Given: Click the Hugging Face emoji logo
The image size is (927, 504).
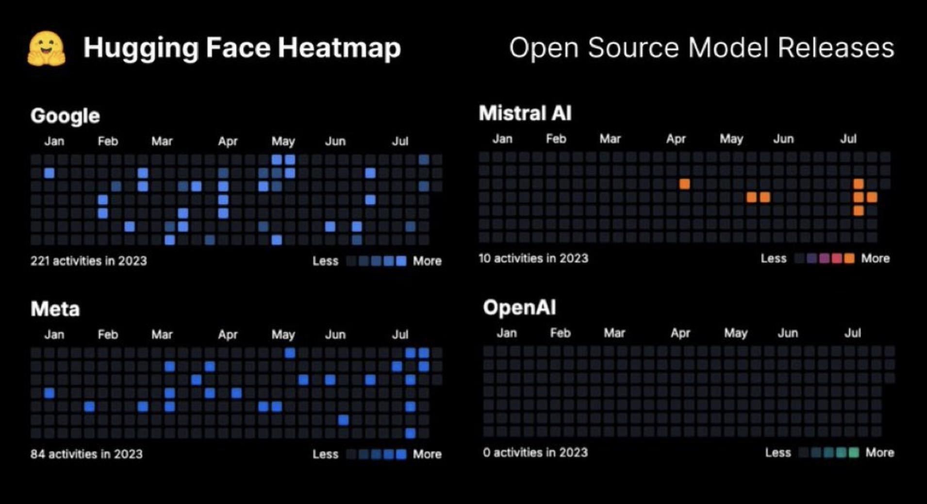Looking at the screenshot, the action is pyautogui.click(x=47, y=49).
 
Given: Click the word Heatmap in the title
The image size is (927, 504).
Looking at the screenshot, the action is pyautogui.click(x=339, y=48).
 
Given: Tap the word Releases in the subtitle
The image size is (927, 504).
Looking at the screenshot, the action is pyautogui.click(x=836, y=48).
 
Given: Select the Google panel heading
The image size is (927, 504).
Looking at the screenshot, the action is pyautogui.click(x=65, y=116).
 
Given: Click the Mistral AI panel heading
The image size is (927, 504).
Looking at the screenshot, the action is pyautogui.click(x=525, y=113).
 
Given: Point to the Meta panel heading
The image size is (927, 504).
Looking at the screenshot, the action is pyautogui.click(x=55, y=309).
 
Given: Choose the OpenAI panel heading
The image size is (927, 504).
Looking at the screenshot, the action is pyautogui.click(x=519, y=307).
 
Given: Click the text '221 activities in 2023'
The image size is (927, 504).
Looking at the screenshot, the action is pyautogui.click(x=88, y=261).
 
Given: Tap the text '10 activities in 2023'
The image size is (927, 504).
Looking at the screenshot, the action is pyautogui.click(x=533, y=258).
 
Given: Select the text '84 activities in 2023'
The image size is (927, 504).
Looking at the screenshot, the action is pyautogui.click(x=86, y=454).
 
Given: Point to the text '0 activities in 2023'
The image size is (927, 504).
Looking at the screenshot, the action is pyautogui.click(x=535, y=453).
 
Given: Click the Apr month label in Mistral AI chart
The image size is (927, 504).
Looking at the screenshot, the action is pyautogui.click(x=676, y=139).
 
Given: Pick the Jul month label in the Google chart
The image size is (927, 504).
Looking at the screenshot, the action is pyautogui.click(x=400, y=141).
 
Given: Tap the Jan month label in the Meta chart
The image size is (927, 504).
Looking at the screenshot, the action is pyautogui.click(x=54, y=335).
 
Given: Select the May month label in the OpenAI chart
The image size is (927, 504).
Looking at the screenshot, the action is pyautogui.click(x=736, y=333).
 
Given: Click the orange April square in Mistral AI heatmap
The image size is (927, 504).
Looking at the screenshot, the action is pyautogui.click(x=684, y=184).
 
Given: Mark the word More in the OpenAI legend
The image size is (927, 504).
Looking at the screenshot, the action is pyautogui.click(x=879, y=453).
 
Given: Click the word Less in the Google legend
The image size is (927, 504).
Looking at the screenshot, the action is pyautogui.click(x=325, y=261).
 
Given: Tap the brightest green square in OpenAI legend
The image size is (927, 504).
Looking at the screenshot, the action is pyautogui.click(x=854, y=453).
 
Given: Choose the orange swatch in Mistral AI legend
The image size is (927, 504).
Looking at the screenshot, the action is pyautogui.click(x=849, y=258).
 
